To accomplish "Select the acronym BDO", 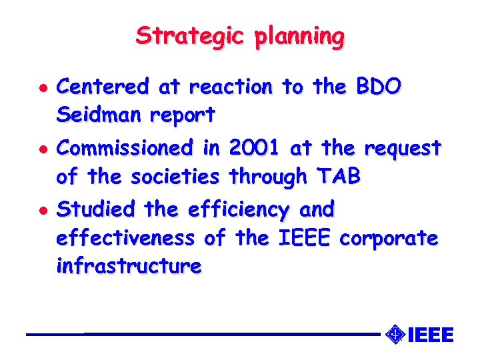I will click(379, 87).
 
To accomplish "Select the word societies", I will click(176, 177).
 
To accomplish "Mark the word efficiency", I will click(239, 211).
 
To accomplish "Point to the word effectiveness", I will click(125, 238).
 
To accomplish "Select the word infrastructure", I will click(129, 267).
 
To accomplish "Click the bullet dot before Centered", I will click(35, 88).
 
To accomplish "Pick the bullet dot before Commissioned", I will click(35, 149).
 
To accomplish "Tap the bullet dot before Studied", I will click(35, 211).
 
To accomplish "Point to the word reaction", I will click(231, 87).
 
